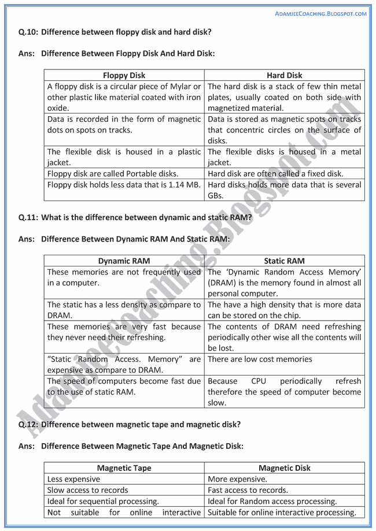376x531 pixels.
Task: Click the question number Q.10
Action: [x=28, y=32]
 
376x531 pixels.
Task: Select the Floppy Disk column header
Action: [x=124, y=75]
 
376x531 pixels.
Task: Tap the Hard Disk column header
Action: [x=285, y=75]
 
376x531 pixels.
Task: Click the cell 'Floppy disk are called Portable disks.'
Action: [x=113, y=173]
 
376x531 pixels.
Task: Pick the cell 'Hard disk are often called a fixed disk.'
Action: [x=275, y=173]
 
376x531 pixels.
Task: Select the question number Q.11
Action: [x=28, y=217]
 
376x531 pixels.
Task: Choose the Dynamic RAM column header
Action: [x=124, y=261]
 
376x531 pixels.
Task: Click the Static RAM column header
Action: [x=285, y=261]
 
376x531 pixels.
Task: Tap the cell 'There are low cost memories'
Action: [x=260, y=359]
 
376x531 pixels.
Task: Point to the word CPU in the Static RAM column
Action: [x=260, y=381]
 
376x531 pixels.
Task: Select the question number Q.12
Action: [x=28, y=425]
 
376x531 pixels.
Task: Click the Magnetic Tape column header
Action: [x=124, y=468]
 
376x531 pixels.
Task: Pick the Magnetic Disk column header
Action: [x=285, y=468]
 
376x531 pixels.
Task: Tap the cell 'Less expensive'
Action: [x=73, y=479]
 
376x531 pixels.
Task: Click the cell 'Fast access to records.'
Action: [x=248, y=490]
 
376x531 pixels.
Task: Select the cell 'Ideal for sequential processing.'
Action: [x=103, y=501]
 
